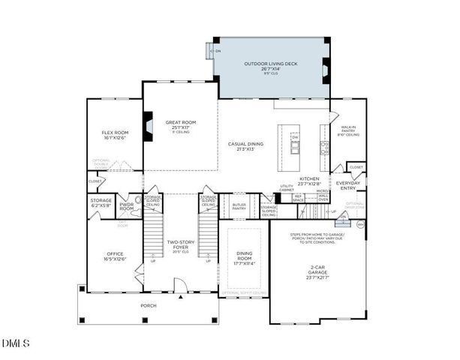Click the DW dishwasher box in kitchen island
(x=295, y=138)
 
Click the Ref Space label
(x=298, y=199)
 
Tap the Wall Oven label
(x=323, y=198)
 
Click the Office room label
(x=114, y=256)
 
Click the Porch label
(x=149, y=306)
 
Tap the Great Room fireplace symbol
(x=149, y=124)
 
